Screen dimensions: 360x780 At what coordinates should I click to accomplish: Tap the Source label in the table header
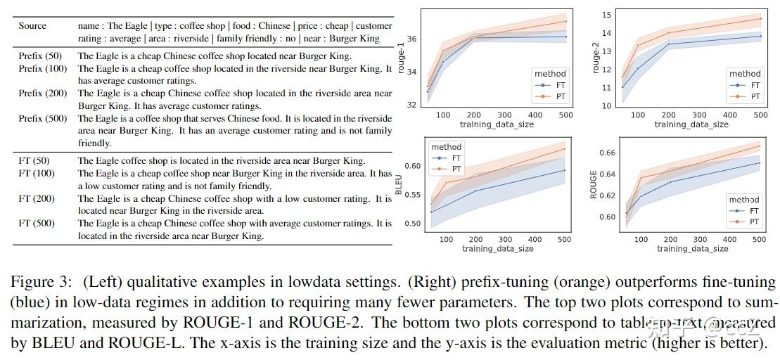click(x=32, y=26)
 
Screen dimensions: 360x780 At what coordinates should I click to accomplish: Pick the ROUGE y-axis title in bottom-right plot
click(x=593, y=185)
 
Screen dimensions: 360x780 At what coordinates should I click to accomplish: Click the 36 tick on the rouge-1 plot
click(x=411, y=39)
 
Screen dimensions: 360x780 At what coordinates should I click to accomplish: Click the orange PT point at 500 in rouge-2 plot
click(x=760, y=18)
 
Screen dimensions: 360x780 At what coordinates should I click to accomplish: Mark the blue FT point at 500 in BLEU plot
click(x=565, y=170)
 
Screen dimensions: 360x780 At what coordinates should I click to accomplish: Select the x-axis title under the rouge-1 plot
click(x=496, y=124)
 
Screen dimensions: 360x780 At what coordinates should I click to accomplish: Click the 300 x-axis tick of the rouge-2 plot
click(x=699, y=115)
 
